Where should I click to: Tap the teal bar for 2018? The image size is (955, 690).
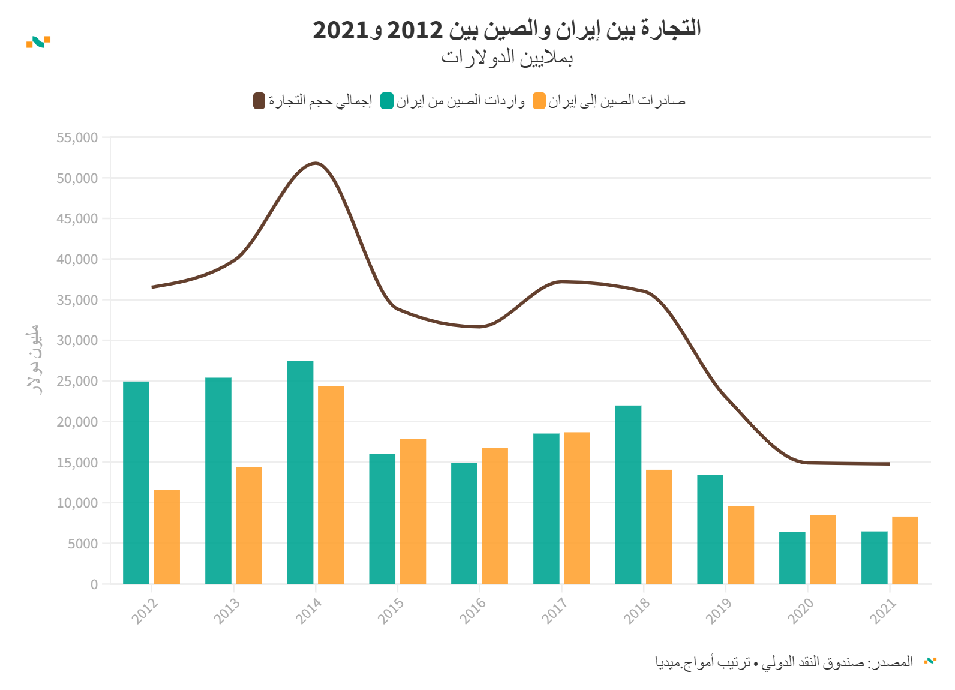click(628, 494)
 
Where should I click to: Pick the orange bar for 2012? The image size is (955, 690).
click(167, 536)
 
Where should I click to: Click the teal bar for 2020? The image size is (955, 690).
click(792, 557)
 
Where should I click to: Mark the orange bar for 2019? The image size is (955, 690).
click(741, 544)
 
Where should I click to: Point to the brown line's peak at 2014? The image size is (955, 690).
click(316, 163)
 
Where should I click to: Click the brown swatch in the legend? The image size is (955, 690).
click(259, 101)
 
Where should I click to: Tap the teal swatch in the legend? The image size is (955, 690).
click(387, 101)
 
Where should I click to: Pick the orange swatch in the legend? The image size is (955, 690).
click(539, 101)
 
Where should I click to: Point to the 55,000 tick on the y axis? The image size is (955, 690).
click(77, 137)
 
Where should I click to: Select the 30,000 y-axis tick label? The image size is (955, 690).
click(77, 340)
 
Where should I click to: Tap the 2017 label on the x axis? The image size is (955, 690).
click(554, 611)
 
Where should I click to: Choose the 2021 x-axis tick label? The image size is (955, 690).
click(882, 611)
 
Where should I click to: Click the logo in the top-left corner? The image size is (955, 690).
click(38, 41)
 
